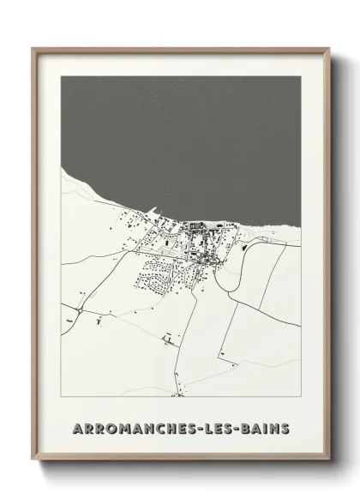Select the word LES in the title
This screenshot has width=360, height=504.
point(222,427)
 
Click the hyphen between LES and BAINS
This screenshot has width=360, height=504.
point(241,428)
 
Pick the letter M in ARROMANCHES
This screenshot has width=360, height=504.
point(120,427)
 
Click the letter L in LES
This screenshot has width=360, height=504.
point(211,427)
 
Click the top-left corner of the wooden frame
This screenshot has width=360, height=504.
point(33,49)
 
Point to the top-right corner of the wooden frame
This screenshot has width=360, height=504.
point(328,49)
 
